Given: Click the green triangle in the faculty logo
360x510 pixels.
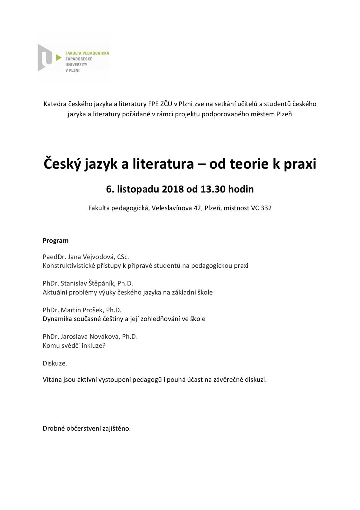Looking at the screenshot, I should [x=58, y=58].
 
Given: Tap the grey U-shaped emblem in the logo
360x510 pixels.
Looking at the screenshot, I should [x=45, y=58].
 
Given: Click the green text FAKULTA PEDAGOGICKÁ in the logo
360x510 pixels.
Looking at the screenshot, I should [x=87, y=53].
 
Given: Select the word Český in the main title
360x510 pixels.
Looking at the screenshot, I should [x=62, y=164].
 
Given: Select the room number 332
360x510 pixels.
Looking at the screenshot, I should [x=266, y=208].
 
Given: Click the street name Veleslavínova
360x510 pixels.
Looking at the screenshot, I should [x=172, y=208].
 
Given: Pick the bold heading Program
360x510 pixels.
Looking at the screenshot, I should [x=55, y=241].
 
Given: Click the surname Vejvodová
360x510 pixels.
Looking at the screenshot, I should [x=99, y=257].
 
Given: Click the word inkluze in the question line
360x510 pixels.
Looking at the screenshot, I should [x=93, y=346].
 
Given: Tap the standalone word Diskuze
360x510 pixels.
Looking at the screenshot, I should [x=55, y=363].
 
